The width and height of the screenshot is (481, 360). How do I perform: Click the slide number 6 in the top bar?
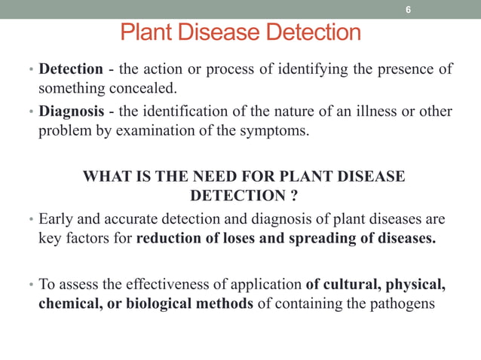(408, 10)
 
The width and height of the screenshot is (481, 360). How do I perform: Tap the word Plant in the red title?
(146, 33)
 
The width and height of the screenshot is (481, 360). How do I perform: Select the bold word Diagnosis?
(71, 111)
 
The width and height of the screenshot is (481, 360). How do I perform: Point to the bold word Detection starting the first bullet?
(70, 69)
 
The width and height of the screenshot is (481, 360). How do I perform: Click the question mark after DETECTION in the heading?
(292, 196)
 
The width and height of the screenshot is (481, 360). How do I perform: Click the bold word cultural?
(350, 285)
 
